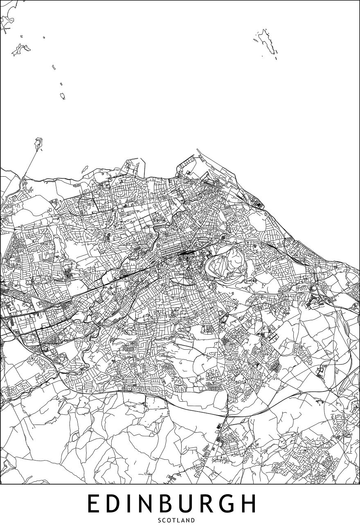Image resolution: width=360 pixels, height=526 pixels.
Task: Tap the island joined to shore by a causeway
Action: pyautogui.click(x=39, y=144)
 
